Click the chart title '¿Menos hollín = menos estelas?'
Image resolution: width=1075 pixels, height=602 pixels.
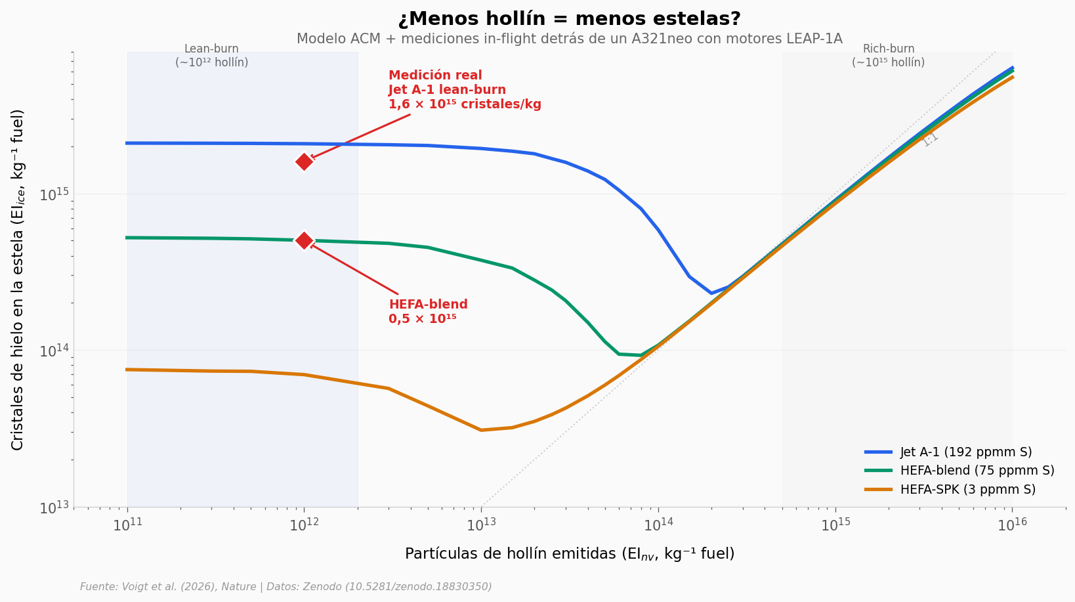(x=569, y=19)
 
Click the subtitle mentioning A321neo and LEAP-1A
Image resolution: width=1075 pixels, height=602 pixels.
(x=569, y=39)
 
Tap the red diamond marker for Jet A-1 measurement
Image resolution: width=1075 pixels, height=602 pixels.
(x=304, y=161)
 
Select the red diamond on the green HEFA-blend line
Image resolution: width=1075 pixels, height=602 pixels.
(x=304, y=240)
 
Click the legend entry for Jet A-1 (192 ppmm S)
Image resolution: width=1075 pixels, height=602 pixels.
(x=965, y=452)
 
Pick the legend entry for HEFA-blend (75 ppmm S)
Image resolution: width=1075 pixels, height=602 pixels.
(x=977, y=471)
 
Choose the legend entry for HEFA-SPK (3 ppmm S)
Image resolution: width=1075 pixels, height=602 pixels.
(x=967, y=489)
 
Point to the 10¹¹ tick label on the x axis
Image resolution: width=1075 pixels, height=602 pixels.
(x=128, y=525)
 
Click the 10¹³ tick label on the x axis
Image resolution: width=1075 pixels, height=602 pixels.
(x=482, y=525)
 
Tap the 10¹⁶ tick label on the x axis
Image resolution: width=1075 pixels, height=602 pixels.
(x=1012, y=525)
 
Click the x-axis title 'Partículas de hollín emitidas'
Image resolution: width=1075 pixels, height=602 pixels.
(x=569, y=554)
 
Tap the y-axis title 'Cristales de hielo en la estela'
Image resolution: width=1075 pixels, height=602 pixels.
(x=18, y=280)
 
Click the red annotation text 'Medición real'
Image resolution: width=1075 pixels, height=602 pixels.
(x=435, y=75)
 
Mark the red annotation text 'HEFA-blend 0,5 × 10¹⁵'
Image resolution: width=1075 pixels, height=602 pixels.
(x=428, y=312)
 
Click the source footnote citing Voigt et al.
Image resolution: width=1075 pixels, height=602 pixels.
(x=285, y=587)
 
